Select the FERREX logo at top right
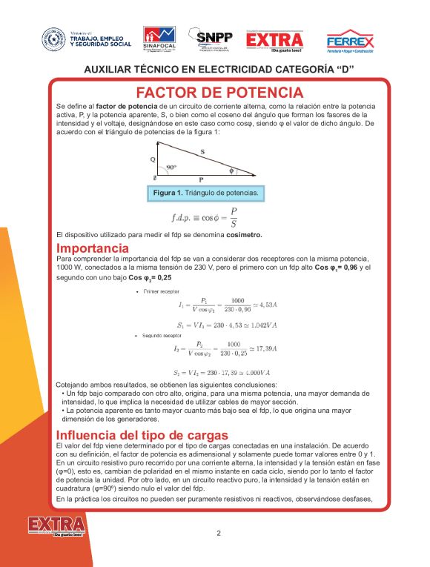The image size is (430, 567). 350,41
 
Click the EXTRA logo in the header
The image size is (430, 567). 274,41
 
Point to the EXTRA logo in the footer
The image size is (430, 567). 56,526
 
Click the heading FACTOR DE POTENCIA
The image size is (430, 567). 219,93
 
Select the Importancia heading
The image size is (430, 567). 93,248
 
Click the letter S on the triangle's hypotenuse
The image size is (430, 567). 202,151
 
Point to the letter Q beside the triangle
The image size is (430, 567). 153,159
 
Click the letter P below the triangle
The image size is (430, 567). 201,180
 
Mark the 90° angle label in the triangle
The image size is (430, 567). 171,168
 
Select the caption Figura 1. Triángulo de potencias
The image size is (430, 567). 205,193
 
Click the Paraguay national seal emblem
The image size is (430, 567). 52,38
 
